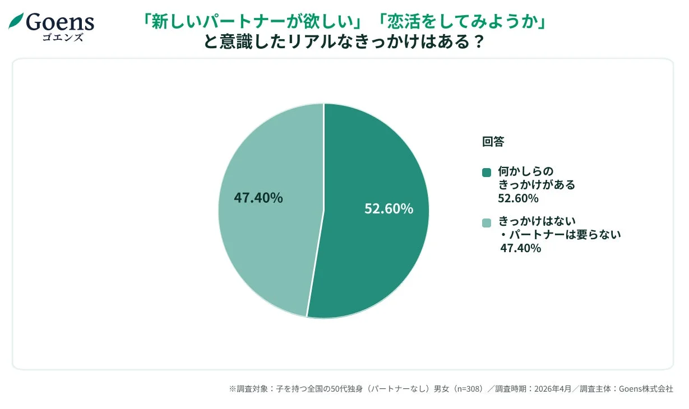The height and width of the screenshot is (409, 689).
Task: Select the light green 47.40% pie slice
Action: pos(263,247)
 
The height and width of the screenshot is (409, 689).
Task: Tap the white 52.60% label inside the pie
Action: pos(389,208)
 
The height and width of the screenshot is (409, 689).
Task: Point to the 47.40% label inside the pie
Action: pos(258,198)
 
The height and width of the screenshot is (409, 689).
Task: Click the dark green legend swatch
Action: pos(486,172)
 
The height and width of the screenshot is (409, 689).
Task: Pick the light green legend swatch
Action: pos(486,222)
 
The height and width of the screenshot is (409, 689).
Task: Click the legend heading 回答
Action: pos(493,142)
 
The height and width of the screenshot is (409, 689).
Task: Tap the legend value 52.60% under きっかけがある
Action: pos(518,198)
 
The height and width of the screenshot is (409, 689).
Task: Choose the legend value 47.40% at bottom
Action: pos(520,248)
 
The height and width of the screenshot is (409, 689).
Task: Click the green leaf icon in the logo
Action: pos(16,21)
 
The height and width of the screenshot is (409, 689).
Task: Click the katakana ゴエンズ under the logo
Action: pos(62,38)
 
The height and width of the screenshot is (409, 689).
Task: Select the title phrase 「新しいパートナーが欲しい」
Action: pos(253,22)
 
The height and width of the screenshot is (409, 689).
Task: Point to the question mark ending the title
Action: pos(478,42)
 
